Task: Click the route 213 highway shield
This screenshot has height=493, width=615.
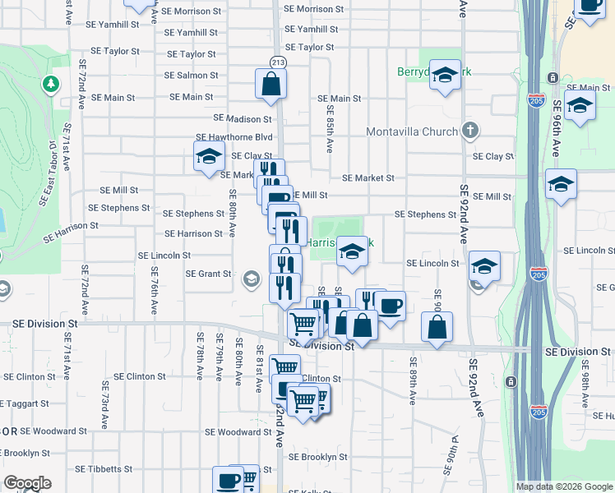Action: click(278, 62)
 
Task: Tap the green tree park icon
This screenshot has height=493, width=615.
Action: click(51, 84)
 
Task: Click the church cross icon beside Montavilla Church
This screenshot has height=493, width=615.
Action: click(469, 131)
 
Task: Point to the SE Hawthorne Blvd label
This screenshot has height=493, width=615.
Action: click(234, 137)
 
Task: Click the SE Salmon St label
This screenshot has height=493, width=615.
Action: click(191, 75)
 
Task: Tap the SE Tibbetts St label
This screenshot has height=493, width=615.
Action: click(104, 469)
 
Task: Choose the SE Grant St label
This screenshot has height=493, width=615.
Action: click(209, 274)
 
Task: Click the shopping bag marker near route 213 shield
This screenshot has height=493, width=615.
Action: click(271, 85)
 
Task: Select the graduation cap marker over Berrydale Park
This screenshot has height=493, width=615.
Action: click(445, 77)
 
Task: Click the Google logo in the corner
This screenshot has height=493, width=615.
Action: click(27, 483)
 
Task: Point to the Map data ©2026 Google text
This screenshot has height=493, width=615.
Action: click(564, 486)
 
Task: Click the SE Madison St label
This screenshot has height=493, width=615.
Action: click(243, 118)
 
